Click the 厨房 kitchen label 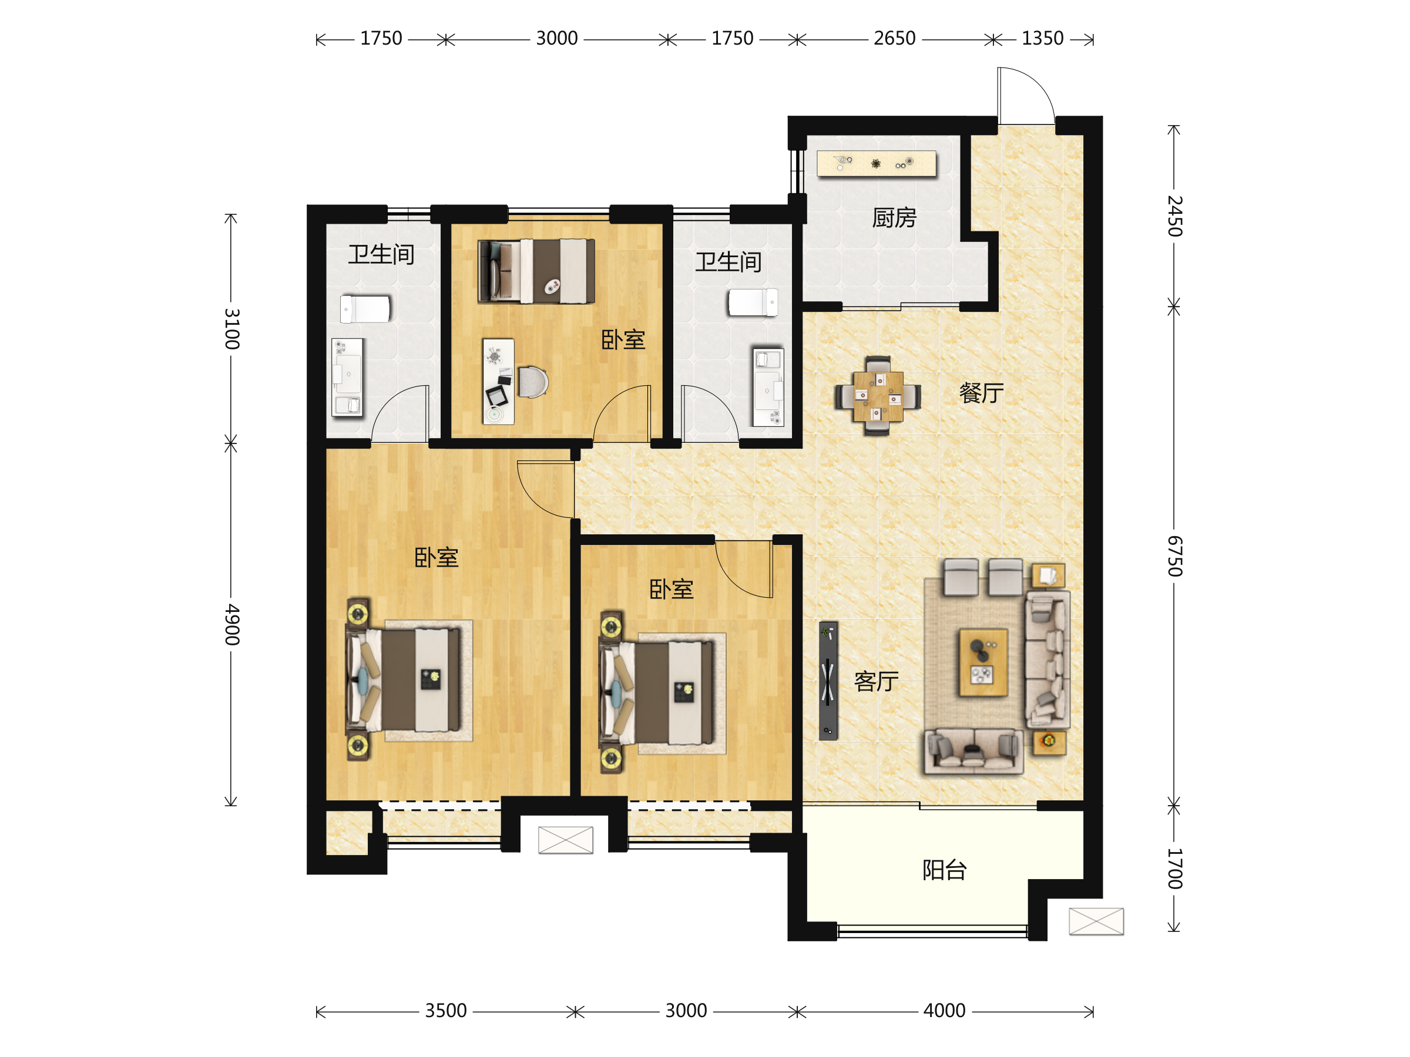point(894,218)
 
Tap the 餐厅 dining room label point(982,392)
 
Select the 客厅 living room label point(877,681)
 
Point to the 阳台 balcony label point(945,870)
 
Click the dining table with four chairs point(878,396)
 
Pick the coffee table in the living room point(983,662)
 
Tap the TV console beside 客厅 point(828,681)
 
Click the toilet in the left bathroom point(365,309)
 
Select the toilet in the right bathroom point(753,302)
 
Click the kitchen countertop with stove point(877,163)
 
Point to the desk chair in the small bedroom point(533,382)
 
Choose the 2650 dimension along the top point(894,38)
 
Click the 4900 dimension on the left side point(232,624)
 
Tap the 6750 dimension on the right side point(1175,556)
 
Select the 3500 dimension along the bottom point(446,1011)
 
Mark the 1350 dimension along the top point(1042,38)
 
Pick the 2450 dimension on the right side point(1175,216)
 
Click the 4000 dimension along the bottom point(945,1011)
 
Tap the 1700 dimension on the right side point(1175,869)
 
